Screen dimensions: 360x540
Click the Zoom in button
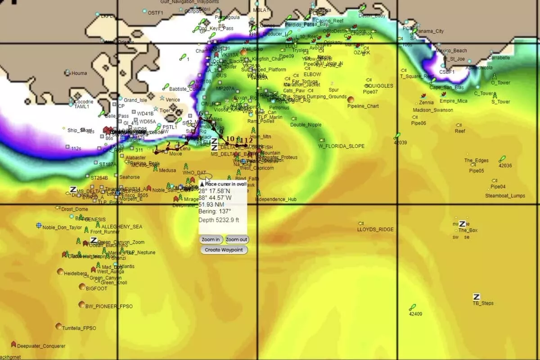(x=211, y=240)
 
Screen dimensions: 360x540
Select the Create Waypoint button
(x=224, y=250)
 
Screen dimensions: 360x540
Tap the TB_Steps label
(x=483, y=303)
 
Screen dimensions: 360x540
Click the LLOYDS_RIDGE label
(x=375, y=229)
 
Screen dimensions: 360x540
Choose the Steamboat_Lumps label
(x=505, y=196)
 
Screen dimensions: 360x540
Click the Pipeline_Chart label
(x=363, y=107)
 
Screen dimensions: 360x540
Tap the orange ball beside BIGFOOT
(x=82, y=287)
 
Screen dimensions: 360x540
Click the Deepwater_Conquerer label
(x=41, y=346)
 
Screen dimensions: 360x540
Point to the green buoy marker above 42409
(x=412, y=307)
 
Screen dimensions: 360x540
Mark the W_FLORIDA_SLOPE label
(x=342, y=146)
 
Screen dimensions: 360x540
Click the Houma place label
(x=79, y=73)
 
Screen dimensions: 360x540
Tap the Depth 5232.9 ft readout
(x=220, y=220)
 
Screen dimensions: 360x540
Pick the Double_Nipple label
(x=306, y=125)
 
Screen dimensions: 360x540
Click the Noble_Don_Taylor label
(x=62, y=227)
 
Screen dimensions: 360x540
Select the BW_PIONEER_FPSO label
(x=109, y=306)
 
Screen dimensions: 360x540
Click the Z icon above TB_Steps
(x=476, y=297)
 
